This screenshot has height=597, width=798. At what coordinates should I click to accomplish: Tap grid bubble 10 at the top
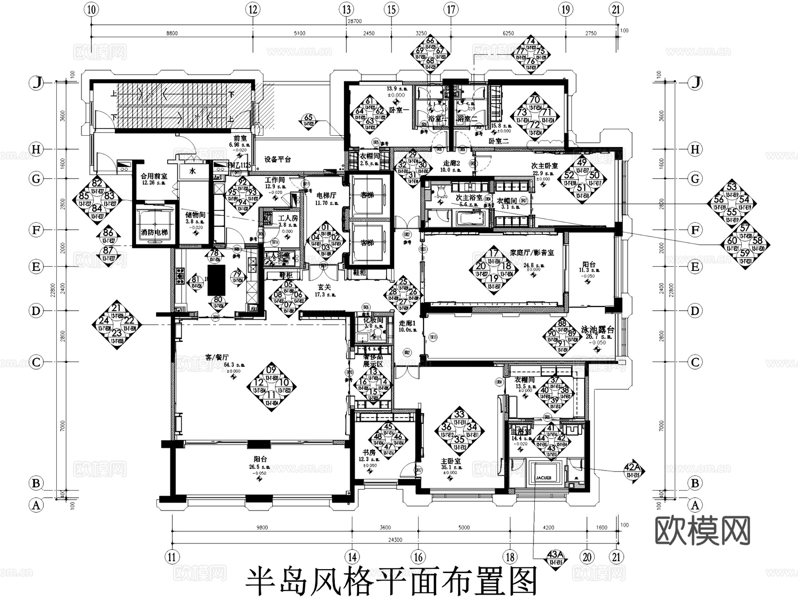[x=91, y=9]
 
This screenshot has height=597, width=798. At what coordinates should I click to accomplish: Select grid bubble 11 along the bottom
[x=172, y=557]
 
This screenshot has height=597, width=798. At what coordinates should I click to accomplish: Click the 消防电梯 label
[x=153, y=232]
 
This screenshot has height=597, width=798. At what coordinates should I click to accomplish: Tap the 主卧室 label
[x=451, y=461]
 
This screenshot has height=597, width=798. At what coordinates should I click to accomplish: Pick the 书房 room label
[x=369, y=453]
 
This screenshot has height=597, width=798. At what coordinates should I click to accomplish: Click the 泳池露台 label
[x=597, y=330]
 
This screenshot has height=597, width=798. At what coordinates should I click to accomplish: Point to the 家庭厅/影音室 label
[x=532, y=253]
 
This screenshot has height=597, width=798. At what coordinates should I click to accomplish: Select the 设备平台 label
[x=278, y=160]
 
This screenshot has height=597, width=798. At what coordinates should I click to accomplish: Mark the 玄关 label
[x=325, y=287]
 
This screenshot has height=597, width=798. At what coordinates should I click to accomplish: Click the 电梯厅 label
[x=326, y=195]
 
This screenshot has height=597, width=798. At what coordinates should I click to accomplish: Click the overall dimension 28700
[x=355, y=21]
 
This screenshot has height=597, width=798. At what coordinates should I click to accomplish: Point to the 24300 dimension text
[x=395, y=540]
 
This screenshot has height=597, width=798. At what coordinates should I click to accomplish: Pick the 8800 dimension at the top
[x=172, y=33]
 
